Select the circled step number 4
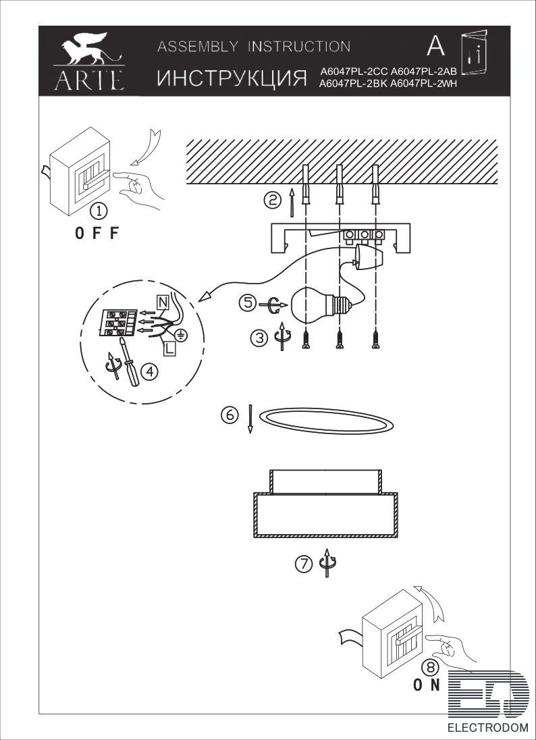click(x=150, y=372)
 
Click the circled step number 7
click(x=304, y=563)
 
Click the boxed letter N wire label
click(x=162, y=300)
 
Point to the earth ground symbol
click(x=180, y=335)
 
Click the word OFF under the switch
click(x=97, y=233)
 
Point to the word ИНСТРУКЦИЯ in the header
click(x=232, y=78)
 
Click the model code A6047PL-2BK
click(x=354, y=84)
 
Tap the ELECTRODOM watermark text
click(x=487, y=727)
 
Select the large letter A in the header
click(x=435, y=46)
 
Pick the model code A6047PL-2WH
click(x=425, y=84)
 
